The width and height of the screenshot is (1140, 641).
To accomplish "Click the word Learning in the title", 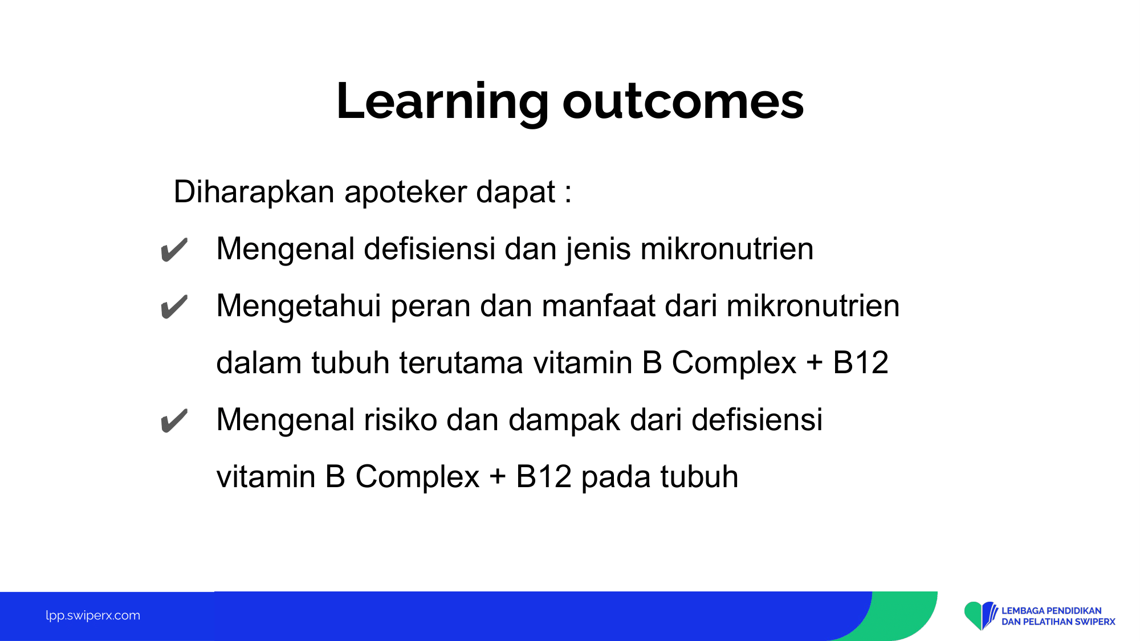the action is click(x=442, y=102).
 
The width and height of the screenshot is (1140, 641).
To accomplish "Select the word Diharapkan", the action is click(x=254, y=192).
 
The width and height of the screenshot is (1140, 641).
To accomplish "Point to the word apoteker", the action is click(x=405, y=192).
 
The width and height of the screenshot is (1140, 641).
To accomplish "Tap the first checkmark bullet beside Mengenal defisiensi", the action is click(x=174, y=250).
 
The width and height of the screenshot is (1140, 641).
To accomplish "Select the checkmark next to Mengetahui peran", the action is click(x=174, y=307).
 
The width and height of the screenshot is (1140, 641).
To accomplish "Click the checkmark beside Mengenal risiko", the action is click(x=174, y=421).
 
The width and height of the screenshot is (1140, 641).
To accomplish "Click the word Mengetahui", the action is click(x=299, y=306).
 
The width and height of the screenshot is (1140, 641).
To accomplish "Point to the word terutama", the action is click(x=461, y=363).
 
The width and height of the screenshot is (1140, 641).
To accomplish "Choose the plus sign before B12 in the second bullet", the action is click(x=815, y=364).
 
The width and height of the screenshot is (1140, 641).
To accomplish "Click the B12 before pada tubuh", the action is click(x=543, y=477).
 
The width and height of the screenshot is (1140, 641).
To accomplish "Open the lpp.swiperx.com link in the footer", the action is click(x=93, y=616).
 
